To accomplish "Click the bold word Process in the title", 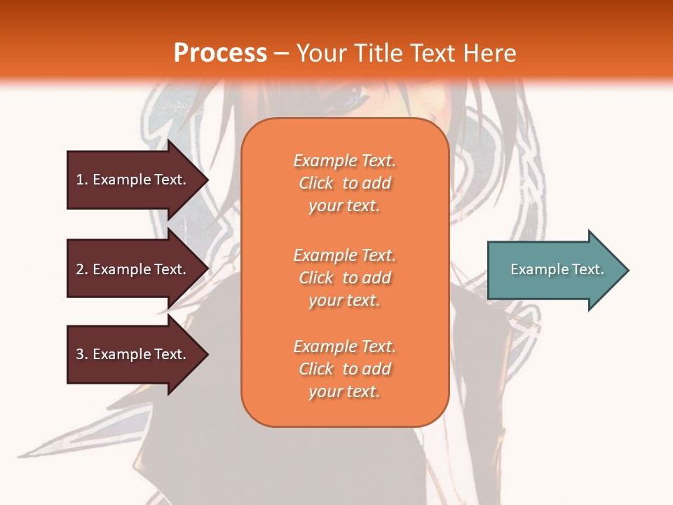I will click(x=220, y=53).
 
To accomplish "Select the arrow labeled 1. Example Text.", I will click(x=133, y=180).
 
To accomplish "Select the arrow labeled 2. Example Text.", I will click(x=133, y=269).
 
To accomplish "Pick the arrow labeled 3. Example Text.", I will click(x=133, y=354).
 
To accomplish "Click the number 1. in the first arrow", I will click(x=82, y=180).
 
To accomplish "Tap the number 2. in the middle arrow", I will click(x=82, y=269).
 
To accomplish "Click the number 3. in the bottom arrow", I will click(x=82, y=354).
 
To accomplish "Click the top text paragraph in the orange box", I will click(x=344, y=183).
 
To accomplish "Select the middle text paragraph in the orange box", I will click(x=344, y=278).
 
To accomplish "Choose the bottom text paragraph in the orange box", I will click(x=344, y=369).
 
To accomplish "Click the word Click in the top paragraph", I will click(x=316, y=183).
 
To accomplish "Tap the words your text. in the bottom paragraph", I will click(x=344, y=391).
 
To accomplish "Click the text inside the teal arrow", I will click(x=557, y=269).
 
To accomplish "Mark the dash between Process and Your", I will click(x=281, y=53).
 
